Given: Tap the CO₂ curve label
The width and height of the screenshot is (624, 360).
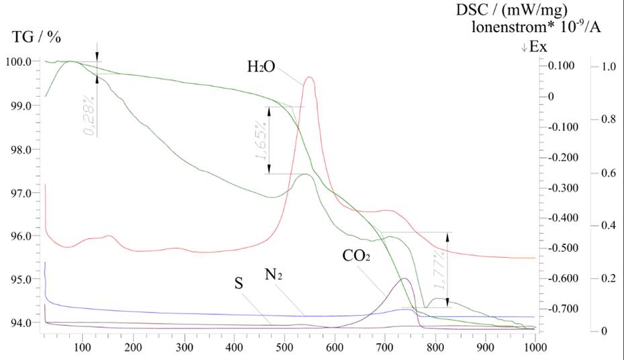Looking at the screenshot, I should tap(357, 257).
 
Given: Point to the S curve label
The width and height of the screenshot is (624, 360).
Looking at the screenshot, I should tap(238, 283).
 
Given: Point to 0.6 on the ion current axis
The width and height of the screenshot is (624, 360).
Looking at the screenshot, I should tap(609, 173).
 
